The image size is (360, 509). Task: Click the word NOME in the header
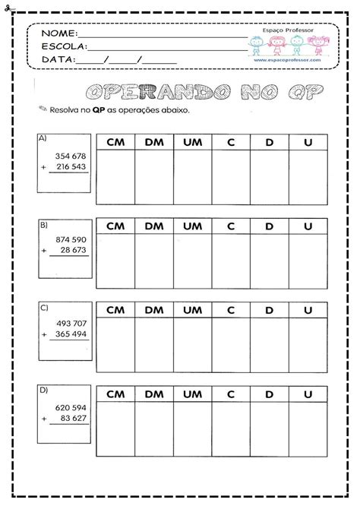click(58, 34)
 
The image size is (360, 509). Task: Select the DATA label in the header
click(58, 59)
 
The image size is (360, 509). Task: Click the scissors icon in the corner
click(5, 5)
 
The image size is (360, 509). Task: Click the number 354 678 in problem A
click(71, 155)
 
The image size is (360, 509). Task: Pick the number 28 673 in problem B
click(74, 251)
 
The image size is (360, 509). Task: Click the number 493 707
click(71, 324)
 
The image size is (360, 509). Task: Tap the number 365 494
click(71, 334)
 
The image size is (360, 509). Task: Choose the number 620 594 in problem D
click(71, 407)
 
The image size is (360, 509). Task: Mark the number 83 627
click(74, 418)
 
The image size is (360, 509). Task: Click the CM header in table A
click(115, 142)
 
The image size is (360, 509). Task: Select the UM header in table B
click(192, 226)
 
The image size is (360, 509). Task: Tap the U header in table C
click(308, 310)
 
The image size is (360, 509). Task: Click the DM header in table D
click(154, 394)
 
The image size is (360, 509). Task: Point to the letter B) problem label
click(43, 225)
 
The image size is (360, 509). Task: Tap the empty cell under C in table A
click(231, 177)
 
